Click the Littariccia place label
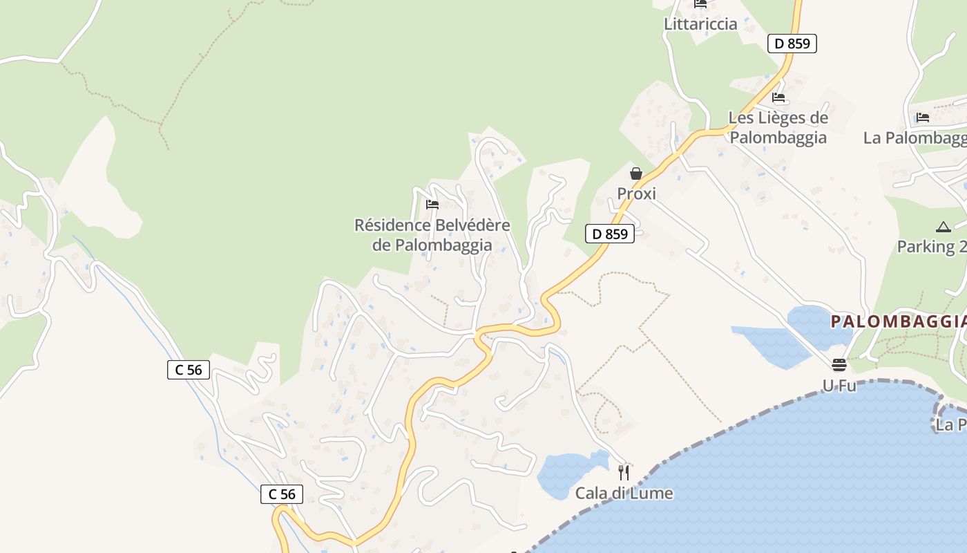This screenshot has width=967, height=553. coord(700,24)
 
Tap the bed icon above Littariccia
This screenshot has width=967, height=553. coord(700,3)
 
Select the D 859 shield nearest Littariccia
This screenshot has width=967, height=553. coord(792,44)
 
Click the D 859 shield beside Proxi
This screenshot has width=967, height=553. coord(609,234)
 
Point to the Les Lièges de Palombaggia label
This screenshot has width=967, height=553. coord(778,127)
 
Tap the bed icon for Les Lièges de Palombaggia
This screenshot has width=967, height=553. coord(778,97)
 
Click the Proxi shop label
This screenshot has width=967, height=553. coord(636,194)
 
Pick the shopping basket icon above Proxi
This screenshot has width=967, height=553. coord(636,174)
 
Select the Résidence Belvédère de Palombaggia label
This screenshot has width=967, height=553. coord(432,235)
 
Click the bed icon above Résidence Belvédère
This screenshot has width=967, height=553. coord(432,205)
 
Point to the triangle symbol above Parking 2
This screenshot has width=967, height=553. coord(944,227)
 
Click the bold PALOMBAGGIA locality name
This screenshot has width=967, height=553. coord(898,321)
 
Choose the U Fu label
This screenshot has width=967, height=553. coord(839,386)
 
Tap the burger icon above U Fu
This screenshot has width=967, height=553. coord(839,365)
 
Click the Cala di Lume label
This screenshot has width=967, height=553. coord(624,494)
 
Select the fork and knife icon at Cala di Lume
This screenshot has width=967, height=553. coord(624,473)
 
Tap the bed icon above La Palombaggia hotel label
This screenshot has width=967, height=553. coord(923,118)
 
